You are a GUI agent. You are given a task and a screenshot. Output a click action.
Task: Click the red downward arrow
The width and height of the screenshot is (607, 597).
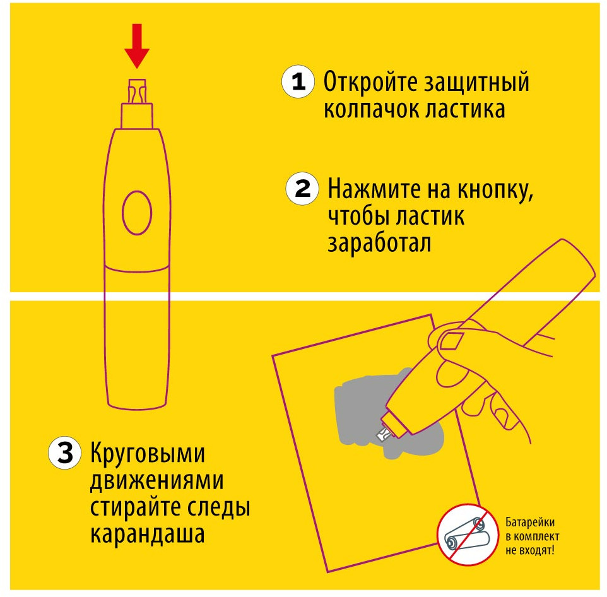tap(137, 45)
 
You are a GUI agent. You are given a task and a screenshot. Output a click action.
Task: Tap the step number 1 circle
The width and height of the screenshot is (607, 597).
tap(298, 81)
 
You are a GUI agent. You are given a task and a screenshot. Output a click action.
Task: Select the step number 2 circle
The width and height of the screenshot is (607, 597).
tap(302, 189)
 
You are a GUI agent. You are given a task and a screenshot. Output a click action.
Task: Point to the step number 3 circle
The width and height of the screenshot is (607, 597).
tap(65, 452)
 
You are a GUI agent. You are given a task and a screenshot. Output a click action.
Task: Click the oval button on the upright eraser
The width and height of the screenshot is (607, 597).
tap(137, 213)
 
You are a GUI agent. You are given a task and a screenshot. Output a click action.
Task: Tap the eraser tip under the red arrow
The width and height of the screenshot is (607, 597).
tap(137, 92)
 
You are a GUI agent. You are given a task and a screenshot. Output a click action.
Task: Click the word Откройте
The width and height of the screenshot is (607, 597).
tap(370, 83)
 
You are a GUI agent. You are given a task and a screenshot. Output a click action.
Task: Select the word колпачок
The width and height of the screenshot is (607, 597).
tap(371, 110)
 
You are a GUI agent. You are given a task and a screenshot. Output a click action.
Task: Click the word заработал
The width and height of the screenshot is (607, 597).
tap(379, 244)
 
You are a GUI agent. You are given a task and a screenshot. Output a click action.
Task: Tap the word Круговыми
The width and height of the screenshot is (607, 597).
tap(148, 453)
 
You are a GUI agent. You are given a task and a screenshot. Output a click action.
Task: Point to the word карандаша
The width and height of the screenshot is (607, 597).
tap(148, 535)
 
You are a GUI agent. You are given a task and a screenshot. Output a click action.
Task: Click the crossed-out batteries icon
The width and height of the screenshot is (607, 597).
tap(468, 535)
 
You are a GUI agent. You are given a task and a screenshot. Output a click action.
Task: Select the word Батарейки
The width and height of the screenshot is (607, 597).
tap(530, 523)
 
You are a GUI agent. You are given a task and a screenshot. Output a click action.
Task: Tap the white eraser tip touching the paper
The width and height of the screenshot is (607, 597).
tap(384, 433)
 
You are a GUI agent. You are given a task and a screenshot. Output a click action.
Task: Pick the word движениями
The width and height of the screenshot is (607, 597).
tap(156, 480)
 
